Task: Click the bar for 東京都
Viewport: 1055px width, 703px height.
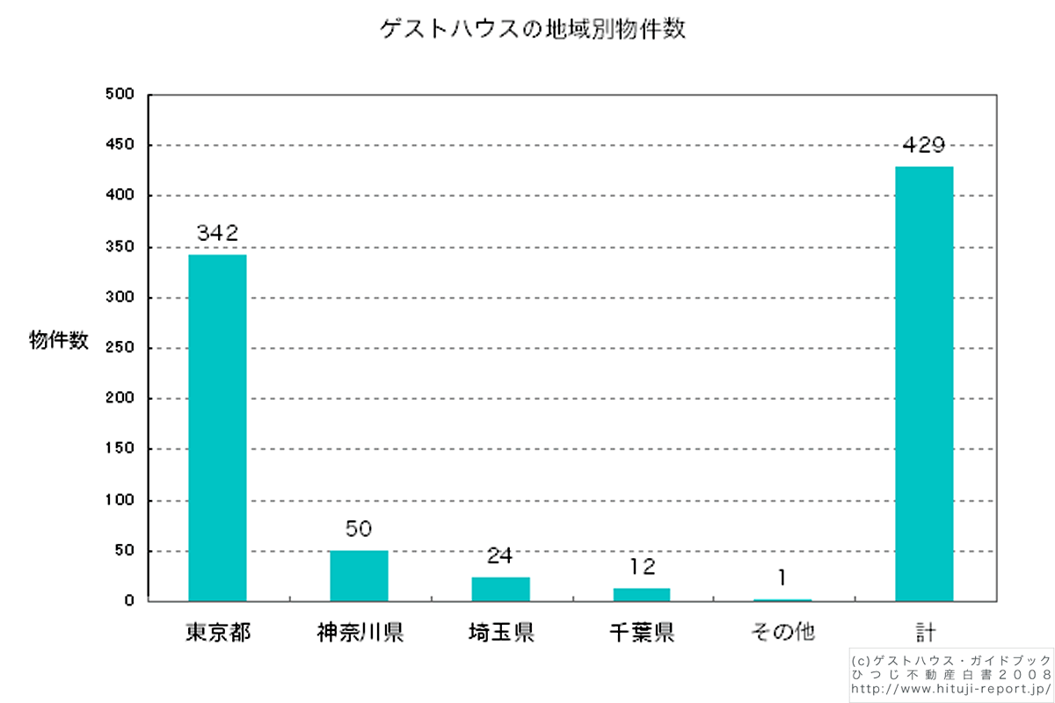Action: pyautogui.click(x=217, y=428)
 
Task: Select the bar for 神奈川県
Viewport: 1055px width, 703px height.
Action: pyautogui.click(x=359, y=576)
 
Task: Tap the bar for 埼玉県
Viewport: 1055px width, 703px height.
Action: pyautogui.click(x=500, y=589)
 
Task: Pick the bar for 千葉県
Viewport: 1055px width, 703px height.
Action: pyautogui.click(x=642, y=595)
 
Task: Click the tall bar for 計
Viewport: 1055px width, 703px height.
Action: pyautogui.click(x=924, y=384)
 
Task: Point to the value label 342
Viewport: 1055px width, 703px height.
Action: pyautogui.click(x=217, y=234)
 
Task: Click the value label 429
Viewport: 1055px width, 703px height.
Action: pyautogui.click(x=923, y=146)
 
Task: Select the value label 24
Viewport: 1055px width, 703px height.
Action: pyautogui.click(x=500, y=556)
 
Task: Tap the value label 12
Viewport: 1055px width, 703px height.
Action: pyautogui.click(x=642, y=568)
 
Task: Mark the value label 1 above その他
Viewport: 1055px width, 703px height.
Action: pyautogui.click(x=782, y=578)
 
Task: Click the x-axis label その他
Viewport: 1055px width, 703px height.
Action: pyautogui.click(x=782, y=632)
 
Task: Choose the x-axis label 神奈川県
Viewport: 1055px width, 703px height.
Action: pyautogui.click(x=360, y=632)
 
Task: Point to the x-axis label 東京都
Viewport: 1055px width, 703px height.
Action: pyautogui.click(x=217, y=632)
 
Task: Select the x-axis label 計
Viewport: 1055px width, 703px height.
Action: pyautogui.click(x=924, y=632)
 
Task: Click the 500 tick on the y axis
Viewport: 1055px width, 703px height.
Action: pyautogui.click(x=118, y=94)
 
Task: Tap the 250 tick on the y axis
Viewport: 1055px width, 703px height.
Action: pyautogui.click(x=118, y=348)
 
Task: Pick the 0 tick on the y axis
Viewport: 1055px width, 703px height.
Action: pyautogui.click(x=128, y=602)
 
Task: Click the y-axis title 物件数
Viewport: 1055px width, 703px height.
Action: pyautogui.click(x=59, y=342)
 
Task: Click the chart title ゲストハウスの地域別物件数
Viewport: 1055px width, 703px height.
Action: pyautogui.click(x=533, y=30)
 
